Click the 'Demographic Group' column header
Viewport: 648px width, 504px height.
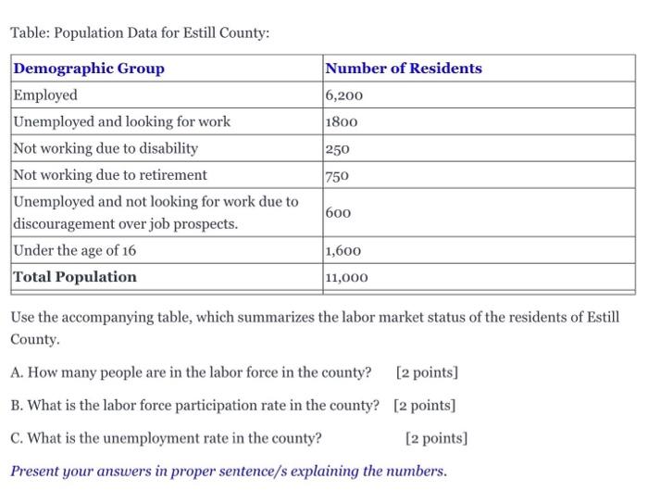[x=89, y=69]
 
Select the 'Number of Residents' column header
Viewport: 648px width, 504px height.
[x=404, y=69]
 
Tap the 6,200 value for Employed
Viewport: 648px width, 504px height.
[x=344, y=95]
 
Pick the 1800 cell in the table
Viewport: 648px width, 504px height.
[x=341, y=121]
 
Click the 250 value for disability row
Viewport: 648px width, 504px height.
[x=338, y=148]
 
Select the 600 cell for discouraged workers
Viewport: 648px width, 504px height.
[x=339, y=212]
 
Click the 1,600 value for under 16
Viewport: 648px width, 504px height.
[x=343, y=250]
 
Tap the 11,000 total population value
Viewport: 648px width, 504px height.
[x=347, y=277]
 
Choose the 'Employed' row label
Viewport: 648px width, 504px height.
[x=45, y=95]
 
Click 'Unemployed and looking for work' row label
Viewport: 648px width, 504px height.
[x=121, y=121]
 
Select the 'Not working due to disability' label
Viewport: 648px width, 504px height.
[x=106, y=148]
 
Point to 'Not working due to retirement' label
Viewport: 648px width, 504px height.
[x=110, y=175]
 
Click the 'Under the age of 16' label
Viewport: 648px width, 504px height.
[x=75, y=250]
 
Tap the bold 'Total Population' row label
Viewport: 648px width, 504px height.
[x=75, y=277]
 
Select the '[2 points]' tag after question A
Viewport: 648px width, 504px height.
[x=427, y=373]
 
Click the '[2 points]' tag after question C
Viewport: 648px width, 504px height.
[x=437, y=437]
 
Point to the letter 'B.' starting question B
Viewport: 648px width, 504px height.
[x=18, y=406]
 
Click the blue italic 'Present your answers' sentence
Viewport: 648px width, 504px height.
[x=228, y=471]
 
